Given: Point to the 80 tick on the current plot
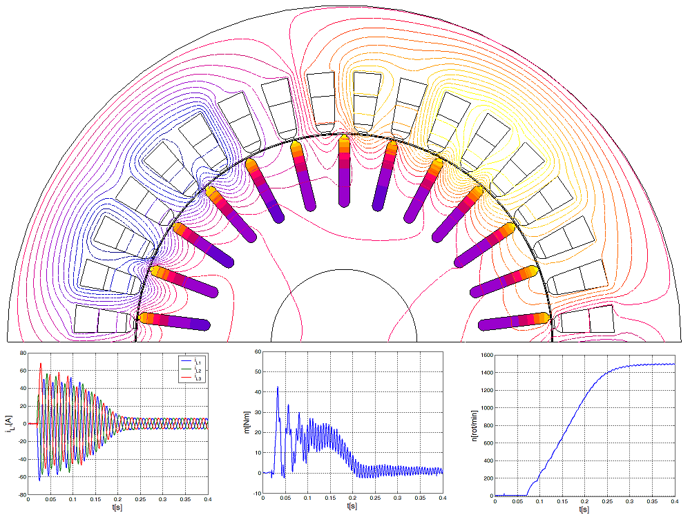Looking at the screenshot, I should [22, 353].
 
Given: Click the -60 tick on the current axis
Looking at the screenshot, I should [21, 477].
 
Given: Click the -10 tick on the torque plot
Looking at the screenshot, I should [257, 494].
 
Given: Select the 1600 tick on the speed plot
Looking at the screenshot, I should [486, 355].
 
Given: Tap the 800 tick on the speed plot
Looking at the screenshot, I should [487, 425].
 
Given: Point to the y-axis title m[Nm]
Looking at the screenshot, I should [247, 423].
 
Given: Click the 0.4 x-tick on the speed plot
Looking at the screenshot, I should [674, 501].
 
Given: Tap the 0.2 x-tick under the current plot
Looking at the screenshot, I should [117, 500].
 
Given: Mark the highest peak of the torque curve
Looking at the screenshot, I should [278, 387].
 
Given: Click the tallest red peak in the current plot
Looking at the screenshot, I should [41, 363].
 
